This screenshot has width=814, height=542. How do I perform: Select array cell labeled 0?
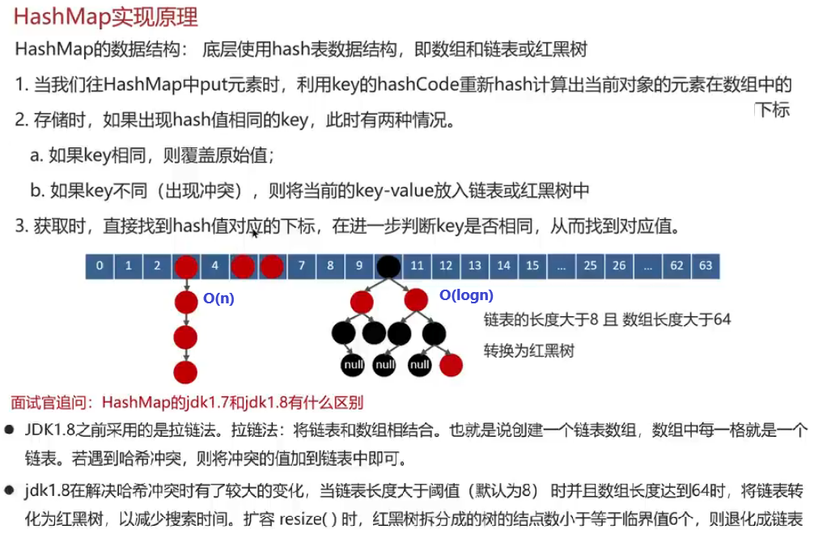click(99, 265)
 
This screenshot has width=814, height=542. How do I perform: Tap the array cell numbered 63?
click(706, 265)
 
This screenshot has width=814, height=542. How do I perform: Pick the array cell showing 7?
click(301, 265)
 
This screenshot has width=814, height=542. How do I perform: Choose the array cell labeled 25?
click(590, 265)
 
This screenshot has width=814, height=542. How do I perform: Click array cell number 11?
click(418, 265)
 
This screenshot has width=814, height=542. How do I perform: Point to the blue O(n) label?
click(218, 299)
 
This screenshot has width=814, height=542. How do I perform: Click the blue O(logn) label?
click(465, 296)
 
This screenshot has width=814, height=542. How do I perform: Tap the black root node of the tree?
click(388, 265)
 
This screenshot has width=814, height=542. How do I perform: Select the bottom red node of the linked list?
click(186, 372)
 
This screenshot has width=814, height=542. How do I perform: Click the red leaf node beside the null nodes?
click(451, 365)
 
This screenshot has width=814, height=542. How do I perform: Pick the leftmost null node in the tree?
click(352, 365)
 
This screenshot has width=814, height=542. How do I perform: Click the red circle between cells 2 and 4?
click(186, 265)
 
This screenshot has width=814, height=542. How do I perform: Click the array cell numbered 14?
click(503, 265)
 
